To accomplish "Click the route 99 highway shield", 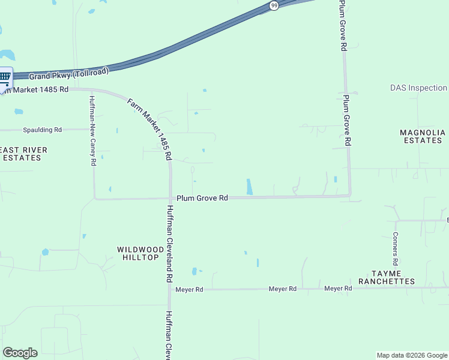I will tap(274, 5).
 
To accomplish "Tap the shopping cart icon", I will tap(5, 76).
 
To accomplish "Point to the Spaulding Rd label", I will tap(42, 130).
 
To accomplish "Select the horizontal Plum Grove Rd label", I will tap(202, 197).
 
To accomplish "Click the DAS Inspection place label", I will tap(418, 88).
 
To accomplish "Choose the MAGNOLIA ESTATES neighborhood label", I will tap(423, 136).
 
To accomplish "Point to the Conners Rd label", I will tap(396, 249).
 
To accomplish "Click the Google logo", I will tap(20, 353).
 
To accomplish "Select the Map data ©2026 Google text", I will tap(412, 355).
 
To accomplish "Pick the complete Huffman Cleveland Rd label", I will tap(170, 244).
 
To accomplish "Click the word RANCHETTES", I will tap(387, 281).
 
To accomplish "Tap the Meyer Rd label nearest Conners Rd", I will tap(338, 289).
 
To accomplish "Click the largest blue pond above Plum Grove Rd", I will tap(249, 187).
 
